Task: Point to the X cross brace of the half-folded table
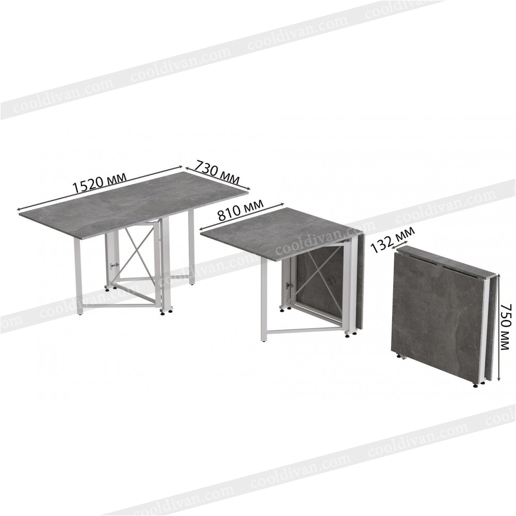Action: (320, 272)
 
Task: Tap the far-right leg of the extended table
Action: (191, 247)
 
